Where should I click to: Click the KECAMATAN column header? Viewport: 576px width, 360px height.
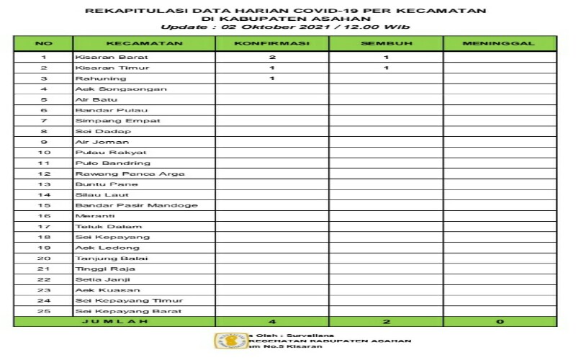point(144,43)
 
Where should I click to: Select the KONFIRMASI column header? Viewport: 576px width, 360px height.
point(272,43)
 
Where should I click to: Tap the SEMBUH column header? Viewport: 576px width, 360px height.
point(386,43)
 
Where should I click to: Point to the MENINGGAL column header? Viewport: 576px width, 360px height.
point(500,43)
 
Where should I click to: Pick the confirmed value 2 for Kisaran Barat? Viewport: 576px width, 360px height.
point(272,57)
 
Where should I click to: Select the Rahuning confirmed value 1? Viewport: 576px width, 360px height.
point(272,78)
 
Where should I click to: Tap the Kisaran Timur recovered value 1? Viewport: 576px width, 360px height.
point(386,68)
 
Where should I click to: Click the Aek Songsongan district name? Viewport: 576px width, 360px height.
point(121,89)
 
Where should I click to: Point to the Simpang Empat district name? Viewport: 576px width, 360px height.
point(107,121)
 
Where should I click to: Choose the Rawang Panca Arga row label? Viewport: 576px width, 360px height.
point(130,174)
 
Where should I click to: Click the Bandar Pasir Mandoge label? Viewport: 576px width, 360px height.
point(136,205)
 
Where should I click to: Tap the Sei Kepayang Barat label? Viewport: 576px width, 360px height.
point(128,311)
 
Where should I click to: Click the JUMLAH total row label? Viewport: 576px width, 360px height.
point(115,322)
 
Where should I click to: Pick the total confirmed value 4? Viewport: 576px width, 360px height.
point(272,322)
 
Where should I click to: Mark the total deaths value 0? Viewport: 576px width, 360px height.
point(500,322)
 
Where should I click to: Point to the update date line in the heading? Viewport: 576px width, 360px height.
point(285,27)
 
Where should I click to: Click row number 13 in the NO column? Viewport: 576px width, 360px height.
point(44,184)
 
